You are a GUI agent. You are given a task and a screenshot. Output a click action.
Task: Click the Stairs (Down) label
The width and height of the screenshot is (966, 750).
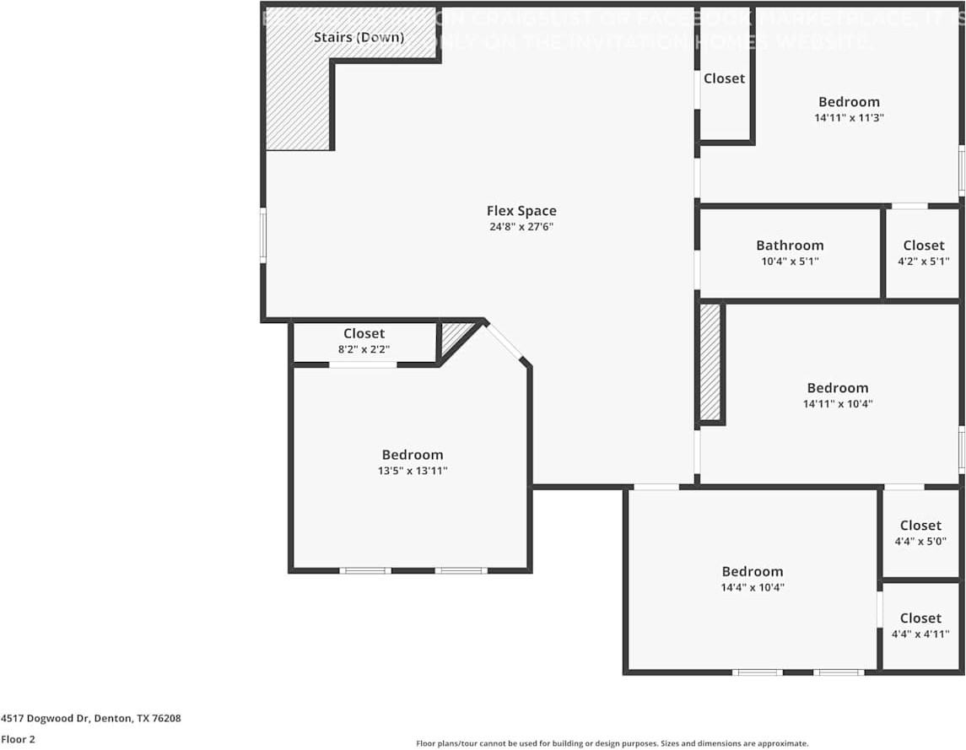pos(359,37)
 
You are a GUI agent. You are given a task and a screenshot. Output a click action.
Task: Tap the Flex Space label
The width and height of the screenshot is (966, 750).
pos(521,211)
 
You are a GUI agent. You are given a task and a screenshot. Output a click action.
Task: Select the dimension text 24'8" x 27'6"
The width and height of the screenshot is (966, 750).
pos(521,227)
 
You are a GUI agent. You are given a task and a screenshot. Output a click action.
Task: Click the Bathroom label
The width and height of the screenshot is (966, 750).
pos(790,246)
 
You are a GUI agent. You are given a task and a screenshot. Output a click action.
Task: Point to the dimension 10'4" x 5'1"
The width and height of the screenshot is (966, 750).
pos(790,262)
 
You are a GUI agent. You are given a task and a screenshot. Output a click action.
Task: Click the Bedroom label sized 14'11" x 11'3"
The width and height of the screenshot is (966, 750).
pos(849,102)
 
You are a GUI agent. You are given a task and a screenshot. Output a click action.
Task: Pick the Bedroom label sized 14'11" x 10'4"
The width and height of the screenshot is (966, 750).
pos(837,388)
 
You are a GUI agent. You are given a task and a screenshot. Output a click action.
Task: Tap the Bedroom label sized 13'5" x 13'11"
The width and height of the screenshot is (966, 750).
pos(412,455)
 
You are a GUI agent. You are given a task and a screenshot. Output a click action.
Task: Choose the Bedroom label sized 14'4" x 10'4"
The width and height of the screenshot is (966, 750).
pos(752,571)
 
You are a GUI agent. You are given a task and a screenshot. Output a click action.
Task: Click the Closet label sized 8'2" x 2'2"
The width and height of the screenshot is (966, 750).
pos(364,334)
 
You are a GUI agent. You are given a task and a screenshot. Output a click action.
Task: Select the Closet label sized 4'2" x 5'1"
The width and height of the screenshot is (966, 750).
pos(923,246)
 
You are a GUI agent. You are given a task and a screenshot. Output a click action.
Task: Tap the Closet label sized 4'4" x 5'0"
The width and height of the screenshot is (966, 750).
pos(920,526)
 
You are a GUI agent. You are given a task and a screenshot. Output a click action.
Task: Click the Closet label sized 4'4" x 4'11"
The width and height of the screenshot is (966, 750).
pos(920,618)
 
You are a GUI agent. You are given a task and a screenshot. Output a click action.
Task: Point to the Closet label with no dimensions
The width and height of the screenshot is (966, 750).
pos(724,78)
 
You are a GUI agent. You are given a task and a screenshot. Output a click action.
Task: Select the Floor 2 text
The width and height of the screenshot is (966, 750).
pos(18,739)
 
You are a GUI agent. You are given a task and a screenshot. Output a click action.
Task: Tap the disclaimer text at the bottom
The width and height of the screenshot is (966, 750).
pos(612,743)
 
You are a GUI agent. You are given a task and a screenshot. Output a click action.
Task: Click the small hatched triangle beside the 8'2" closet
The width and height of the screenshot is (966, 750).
pos(454,334)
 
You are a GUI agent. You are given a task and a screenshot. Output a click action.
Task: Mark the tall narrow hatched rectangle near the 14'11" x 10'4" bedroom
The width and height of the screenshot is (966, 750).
pos(710,362)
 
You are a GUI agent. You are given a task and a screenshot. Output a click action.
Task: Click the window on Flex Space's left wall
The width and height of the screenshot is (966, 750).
pos(262,236)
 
